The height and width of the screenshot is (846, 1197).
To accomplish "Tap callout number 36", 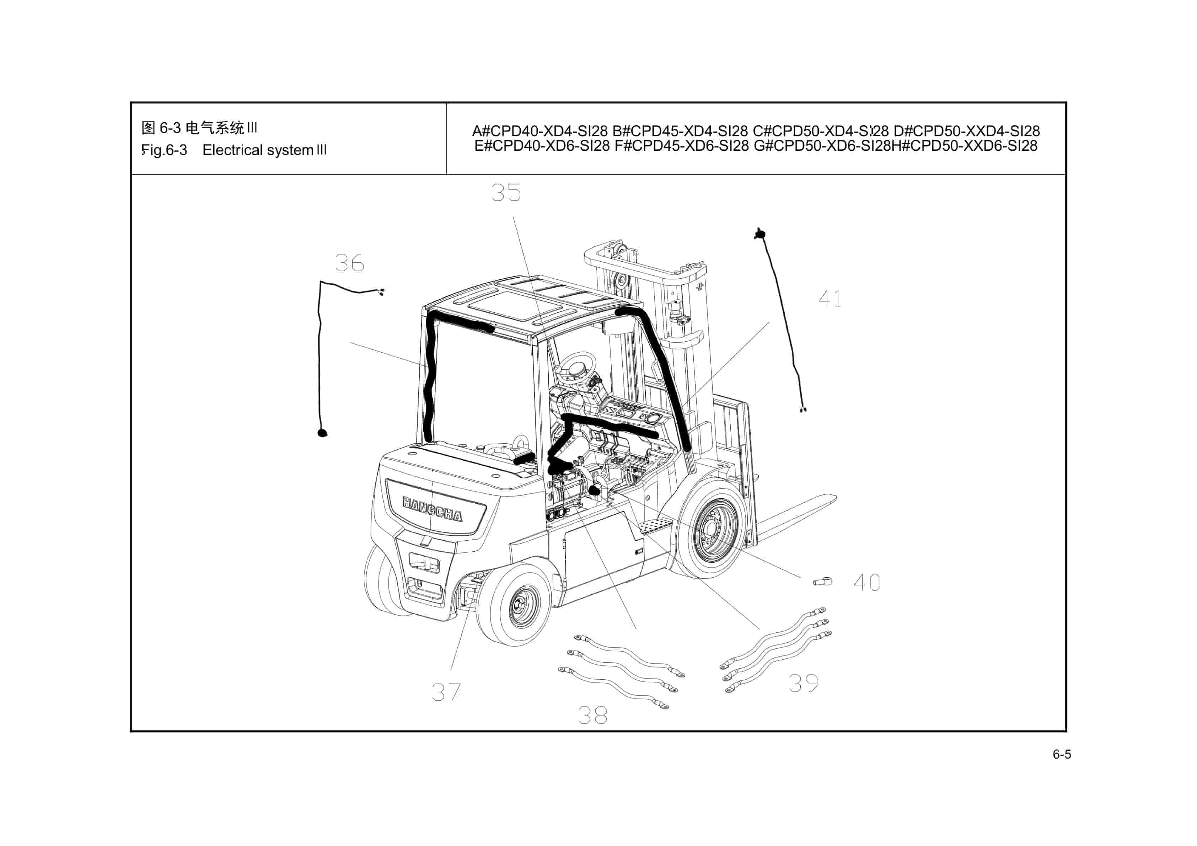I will point(349,263).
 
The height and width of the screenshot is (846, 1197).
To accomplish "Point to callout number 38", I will point(593,715).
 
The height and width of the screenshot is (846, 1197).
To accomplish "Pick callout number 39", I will point(803,683).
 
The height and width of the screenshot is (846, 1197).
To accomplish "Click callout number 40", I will point(866,583).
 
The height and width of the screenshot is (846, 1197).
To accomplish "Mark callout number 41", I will point(830,299).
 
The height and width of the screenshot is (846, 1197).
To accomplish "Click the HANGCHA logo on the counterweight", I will point(432,509).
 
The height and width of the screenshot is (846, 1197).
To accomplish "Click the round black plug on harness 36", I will point(323,432).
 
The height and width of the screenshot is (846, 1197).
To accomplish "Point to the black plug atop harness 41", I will point(761,234).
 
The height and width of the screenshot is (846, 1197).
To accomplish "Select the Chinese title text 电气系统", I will point(215,128).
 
